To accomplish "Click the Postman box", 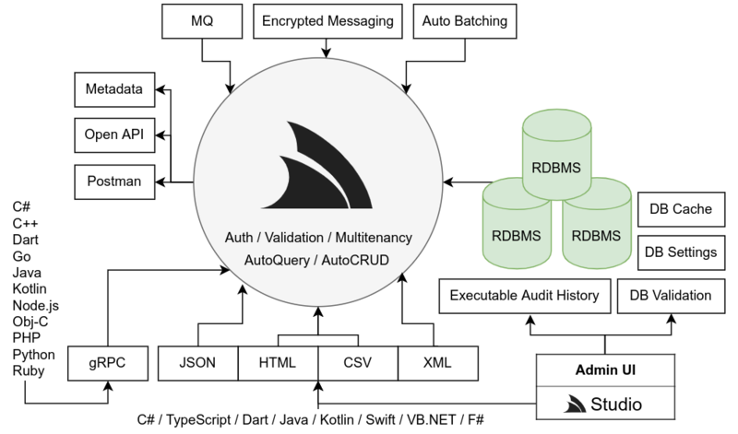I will (x=113, y=181).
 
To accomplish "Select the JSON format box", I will (x=197, y=362).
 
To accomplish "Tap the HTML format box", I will (x=278, y=362).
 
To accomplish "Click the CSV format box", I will (x=358, y=362).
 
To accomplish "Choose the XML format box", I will (x=438, y=362).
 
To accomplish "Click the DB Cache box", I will (x=678, y=209).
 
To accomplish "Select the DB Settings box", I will (x=678, y=252).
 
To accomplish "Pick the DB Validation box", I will (x=670, y=296).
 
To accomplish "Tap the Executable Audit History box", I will (x=524, y=296).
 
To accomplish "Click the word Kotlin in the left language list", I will (x=30, y=289).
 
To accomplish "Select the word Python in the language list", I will (x=33, y=354).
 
